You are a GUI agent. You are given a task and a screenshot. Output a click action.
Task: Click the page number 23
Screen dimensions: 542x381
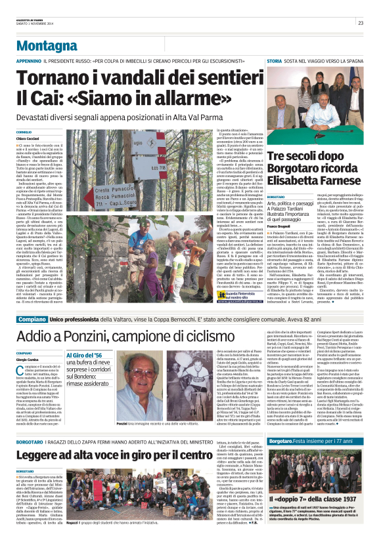click(361, 22)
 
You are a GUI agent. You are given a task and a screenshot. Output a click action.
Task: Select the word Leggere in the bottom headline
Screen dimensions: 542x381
click(43, 454)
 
